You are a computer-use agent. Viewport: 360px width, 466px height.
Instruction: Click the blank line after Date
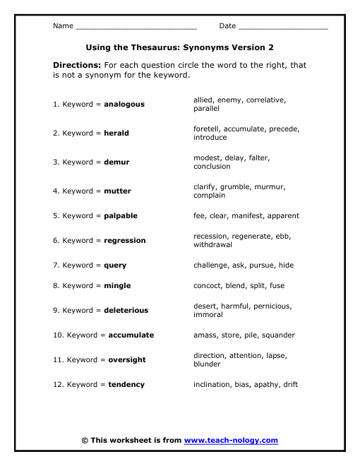283,27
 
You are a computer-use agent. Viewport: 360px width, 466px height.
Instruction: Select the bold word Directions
73,65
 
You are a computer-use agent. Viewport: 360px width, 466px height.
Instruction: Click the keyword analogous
124,104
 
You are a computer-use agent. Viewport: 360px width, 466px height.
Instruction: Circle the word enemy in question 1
230,100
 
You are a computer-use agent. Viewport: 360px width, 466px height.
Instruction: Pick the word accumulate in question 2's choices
253,129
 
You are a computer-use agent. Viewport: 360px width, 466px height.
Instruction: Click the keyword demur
116,162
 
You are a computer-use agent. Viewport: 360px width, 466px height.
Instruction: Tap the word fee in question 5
200,216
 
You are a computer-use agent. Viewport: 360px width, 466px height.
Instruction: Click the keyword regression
125,241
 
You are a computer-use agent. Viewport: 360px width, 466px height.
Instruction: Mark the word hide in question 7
286,265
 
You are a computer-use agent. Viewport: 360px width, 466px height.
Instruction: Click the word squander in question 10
278,335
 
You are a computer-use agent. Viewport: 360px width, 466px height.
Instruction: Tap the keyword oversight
127,360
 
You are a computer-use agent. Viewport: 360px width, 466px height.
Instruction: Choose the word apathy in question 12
265,385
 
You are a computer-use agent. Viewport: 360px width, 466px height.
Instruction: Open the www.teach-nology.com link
231,441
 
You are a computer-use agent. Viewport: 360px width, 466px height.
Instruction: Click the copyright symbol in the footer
85,441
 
